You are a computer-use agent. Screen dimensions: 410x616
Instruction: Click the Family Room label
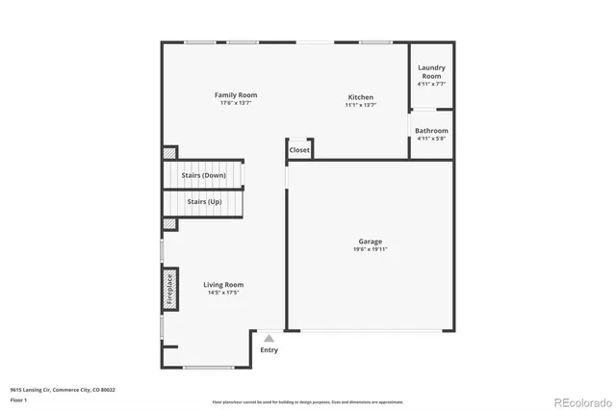(x=236, y=95)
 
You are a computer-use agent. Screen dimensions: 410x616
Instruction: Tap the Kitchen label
(x=361, y=97)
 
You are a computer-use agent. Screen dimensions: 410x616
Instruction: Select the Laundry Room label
(x=430, y=72)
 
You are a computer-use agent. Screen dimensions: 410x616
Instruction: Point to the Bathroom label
(x=431, y=131)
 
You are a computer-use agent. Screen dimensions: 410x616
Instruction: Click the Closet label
(x=299, y=150)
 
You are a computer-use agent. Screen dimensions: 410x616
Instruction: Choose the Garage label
(x=371, y=242)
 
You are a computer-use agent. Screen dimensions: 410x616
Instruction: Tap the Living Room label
(x=223, y=284)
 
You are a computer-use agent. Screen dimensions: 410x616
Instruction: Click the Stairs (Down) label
(x=204, y=176)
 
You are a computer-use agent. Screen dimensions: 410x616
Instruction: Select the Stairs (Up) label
(x=204, y=202)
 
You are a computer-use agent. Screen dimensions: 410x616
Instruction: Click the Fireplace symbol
(x=168, y=290)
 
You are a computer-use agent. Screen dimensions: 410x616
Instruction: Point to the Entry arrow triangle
(x=269, y=338)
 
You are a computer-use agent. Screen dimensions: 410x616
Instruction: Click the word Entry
(x=269, y=349)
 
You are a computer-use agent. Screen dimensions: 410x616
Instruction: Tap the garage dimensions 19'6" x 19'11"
(x=371, y=249)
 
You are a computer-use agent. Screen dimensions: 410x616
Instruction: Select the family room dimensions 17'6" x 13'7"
(x=236, y=103)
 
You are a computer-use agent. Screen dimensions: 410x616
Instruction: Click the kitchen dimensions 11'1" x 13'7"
(x=361, y=104)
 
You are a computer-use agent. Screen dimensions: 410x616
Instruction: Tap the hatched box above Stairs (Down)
(x=169, y=152)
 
